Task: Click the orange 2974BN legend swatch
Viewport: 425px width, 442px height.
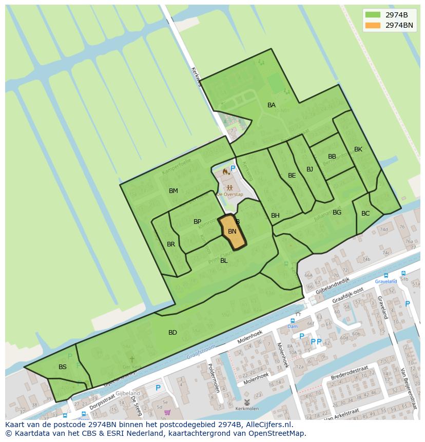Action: (x=373, y=25)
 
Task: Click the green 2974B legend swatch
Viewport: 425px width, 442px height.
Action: (x=373, y=15)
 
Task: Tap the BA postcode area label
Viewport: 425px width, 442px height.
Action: (x=272, y=105)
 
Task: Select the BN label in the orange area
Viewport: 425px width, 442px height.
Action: (x=232, y=232)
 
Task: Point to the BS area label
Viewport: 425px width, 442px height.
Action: (x=63, y=367)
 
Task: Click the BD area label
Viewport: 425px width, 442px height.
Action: (x=172, y=333)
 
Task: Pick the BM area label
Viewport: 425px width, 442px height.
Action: (x=173, y=191)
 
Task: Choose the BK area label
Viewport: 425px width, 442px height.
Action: (x=358, y=149)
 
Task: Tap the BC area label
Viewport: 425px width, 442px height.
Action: (x=365, y=214)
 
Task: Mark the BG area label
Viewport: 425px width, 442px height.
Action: (x=337, y=213)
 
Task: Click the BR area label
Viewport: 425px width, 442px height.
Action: (x=171, y=244)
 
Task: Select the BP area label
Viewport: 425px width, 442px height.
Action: (x=198, y=222)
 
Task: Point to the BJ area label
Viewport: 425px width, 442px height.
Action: (x=310, y=169)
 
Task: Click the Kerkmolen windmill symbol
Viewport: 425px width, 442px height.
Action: (x=247, y=402)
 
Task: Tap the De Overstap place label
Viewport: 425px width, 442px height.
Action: (x=229, y=195)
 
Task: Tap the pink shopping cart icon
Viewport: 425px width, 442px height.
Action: (x=167, y=412)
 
